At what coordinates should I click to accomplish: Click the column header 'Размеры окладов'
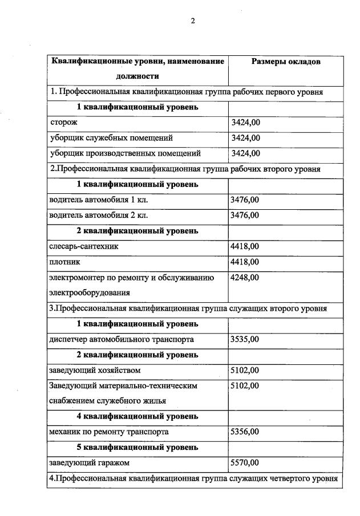click(286, 61)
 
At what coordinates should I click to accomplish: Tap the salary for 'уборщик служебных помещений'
click(246, 137)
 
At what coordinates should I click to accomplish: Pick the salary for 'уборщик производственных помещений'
click(246, 153)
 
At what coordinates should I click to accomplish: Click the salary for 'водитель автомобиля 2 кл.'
click(244, 215)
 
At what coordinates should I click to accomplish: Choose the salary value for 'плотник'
click(244, 262)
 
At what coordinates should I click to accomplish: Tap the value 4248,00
click(244, 278)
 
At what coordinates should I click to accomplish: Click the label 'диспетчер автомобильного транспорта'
click(122, 339)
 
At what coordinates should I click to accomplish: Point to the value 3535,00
click(244, 339)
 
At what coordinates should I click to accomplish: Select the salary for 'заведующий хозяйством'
click(244, 370)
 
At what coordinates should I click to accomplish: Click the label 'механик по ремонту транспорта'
click(109, 432)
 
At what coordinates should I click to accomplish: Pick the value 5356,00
click(244, 432)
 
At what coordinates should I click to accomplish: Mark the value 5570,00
click(244, 462)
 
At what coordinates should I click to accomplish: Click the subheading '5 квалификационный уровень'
click(137, 447)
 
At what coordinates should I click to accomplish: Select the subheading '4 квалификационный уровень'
click(137, 416)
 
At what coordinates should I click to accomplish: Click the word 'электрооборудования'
click(90, 292)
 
